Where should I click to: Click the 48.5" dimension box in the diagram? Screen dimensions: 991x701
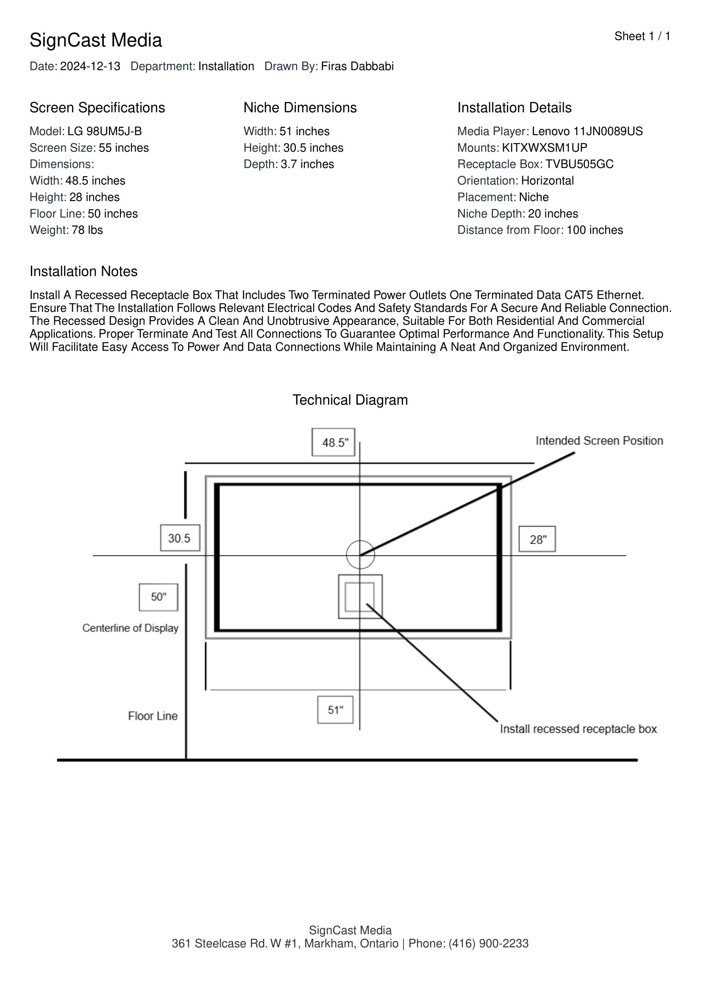coord(333,442)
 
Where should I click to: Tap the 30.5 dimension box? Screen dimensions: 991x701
coord(180,538)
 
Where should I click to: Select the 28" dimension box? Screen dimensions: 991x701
coord(537,539)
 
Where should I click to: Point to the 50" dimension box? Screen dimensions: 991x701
coord(159,597)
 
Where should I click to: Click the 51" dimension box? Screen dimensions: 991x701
coord(335,710)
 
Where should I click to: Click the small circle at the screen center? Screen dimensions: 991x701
coord(360,555)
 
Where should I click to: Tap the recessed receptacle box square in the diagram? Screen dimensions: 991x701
coord(360,597)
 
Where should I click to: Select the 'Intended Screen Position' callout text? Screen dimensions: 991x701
coord(599,441)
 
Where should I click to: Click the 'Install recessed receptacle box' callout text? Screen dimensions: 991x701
coord(578,729)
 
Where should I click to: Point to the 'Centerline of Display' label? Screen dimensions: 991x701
coord(131,628)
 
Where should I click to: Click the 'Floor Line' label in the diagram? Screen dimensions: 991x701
coord(153,716)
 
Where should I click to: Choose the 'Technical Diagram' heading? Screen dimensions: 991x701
coord(350,400)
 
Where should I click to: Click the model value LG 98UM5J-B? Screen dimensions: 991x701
coord(104,131)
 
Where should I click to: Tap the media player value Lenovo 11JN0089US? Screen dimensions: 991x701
coord(587,131)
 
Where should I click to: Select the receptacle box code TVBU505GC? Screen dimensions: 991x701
coord(579,164)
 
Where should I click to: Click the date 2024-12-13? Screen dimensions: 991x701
coord(90,67)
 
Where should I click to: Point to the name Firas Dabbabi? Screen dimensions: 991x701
coord(357,67)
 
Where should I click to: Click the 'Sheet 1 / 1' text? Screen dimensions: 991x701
coord(642,36)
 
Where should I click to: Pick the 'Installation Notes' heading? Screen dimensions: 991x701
coord(83,272)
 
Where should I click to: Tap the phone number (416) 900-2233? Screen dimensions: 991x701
coord(489,944)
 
